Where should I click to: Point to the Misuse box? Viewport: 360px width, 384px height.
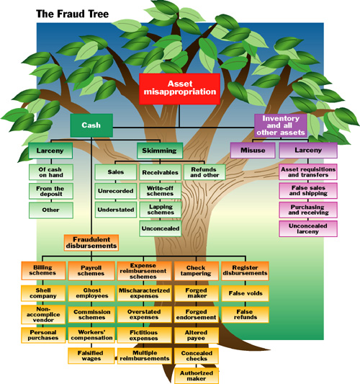pyautogui.click(x=248, y=151)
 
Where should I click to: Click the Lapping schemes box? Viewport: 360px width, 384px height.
pyautogui.click(x=161, y=209)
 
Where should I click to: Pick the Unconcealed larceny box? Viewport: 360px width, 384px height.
pyautogui.click(x=304, y=228)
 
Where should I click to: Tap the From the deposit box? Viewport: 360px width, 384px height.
pyautogui.click(x=50, y=191)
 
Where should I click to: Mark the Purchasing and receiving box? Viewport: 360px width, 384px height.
pyautogui.click(x=304, y=209)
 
